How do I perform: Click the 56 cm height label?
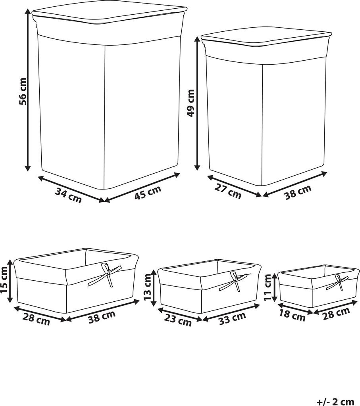[23, 92]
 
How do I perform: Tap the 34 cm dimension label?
[68, 195]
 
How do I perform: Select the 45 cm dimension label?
[148, 193]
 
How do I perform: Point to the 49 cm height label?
[191, 103]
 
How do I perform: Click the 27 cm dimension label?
[228, 192]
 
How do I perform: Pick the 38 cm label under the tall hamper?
[298, 192]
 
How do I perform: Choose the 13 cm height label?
[147, 287]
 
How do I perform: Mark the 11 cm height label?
[268, 287]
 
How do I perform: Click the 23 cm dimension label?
[178, 320]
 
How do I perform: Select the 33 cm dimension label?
[232, 318]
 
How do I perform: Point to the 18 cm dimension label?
[293, 316]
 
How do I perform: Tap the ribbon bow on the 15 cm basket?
[105, 275]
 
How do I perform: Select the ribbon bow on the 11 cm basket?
[337, 282]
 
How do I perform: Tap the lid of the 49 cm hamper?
[266, 38]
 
